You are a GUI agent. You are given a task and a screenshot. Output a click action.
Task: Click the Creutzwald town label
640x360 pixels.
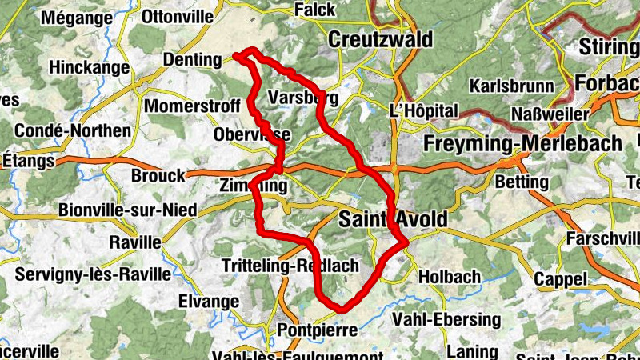pyautogui.click(x=380, y=39)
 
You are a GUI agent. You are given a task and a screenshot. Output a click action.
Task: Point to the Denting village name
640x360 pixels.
pyautogui.click(x=191, y=60)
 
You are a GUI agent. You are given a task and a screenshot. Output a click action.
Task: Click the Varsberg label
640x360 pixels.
pyautogui.click(x=303, y=98)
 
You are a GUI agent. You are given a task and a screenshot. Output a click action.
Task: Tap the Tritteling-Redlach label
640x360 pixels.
pyautogui.click(x=288, y=266)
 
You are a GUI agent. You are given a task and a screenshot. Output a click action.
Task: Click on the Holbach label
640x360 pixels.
pyautogui.click(x=449, y=277)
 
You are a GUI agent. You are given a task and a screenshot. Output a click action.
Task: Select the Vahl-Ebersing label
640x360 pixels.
pyautogui.click(x=446, y=319)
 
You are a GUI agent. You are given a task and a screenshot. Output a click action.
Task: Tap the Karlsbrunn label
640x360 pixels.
pyautogui.click(x=512, y=86)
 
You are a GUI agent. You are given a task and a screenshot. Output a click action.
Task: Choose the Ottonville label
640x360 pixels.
pyautogui.click(x=177, y=16)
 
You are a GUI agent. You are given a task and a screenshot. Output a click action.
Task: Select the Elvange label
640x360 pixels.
pyautogui.click(x=210, y=302)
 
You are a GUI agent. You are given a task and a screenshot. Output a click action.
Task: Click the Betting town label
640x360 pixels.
pyautogui.click(x=522, y=182)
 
